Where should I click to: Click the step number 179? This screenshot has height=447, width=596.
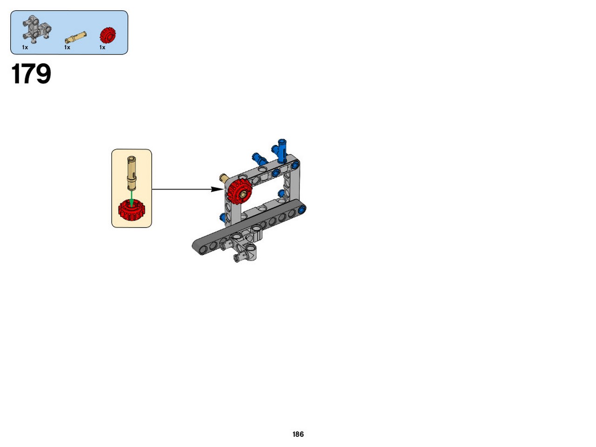click(x=31, y=74)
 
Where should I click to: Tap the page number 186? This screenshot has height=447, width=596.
click(x=298, y=434)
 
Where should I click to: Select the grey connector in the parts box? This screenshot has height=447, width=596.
click(x=37, y=29)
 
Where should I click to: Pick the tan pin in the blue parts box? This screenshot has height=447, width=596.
click(x=76, y=37)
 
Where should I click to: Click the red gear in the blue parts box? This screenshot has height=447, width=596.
click(x=108, y=35)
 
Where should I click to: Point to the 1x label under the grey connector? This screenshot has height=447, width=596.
click(x=25, y=47)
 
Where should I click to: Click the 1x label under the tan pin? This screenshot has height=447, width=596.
click(x=67, y=47)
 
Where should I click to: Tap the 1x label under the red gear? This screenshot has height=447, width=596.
click(x=102, y=47)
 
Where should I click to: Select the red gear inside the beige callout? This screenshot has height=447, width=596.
click(x=132, y=210)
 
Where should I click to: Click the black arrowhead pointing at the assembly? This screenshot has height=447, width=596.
click(x=217, y=189)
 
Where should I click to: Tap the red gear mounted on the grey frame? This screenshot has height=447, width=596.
click(x=240, y=192)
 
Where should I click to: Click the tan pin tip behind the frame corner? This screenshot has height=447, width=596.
click(x=224, y=179)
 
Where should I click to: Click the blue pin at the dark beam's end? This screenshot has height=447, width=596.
click(x=302, y=209)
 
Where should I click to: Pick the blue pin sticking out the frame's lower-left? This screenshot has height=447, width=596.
click(x=223, y=217)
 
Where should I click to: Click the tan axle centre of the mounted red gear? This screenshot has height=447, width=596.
click(x=243, y=194)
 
